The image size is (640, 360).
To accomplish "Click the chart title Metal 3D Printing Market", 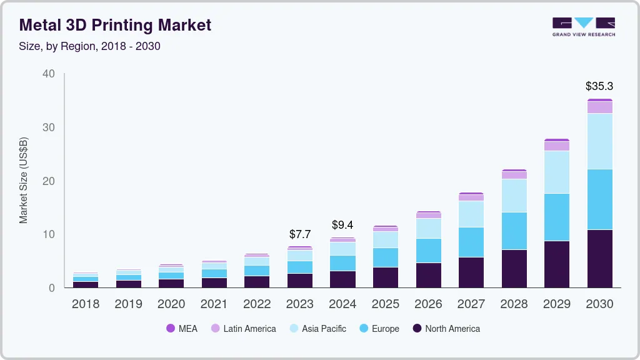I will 116,25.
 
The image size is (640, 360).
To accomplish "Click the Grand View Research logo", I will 583,27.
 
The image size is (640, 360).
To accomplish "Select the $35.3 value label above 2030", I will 599,86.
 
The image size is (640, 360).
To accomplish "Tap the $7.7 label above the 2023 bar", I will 300,234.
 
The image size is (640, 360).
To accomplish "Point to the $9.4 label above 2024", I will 342,224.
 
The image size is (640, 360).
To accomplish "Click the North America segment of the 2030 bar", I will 599,259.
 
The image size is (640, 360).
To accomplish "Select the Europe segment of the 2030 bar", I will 599,199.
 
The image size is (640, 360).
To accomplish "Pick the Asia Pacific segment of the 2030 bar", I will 599,141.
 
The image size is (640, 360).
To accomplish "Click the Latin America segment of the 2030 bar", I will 599,107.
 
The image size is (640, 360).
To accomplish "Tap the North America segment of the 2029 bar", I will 556,264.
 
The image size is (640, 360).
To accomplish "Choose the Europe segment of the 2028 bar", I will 514,231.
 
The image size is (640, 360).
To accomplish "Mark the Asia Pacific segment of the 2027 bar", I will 471,214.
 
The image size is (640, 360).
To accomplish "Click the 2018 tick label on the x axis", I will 85,304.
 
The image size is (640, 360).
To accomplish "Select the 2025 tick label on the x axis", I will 385,304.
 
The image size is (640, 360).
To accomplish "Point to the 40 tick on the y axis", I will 49,74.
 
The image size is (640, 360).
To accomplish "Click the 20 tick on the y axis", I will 49,181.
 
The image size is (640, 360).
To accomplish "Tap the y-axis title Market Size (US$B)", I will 24,181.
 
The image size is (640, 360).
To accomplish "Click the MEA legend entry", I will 182,329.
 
